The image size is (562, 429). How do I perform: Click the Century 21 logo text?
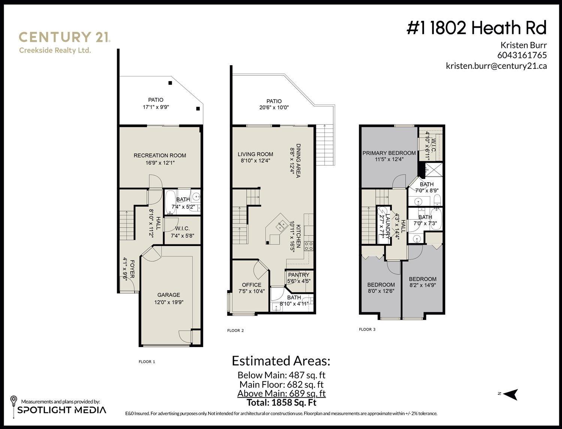64,37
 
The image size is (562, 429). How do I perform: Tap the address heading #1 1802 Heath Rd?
477,28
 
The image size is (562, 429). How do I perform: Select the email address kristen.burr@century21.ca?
496,66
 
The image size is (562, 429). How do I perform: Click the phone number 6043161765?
522,55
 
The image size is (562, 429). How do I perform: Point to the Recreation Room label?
160,155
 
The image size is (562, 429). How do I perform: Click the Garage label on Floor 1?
169,295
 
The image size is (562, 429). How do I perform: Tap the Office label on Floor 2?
251,285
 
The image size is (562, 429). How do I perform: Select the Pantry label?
299,275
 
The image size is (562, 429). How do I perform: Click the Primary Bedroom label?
389,153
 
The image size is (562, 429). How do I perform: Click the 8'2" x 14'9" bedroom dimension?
422,285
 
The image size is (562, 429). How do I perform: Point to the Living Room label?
255,154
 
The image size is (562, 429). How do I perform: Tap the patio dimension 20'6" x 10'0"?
274,107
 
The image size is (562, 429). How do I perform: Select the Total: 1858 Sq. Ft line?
281,403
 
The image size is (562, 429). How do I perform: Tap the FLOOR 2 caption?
235,331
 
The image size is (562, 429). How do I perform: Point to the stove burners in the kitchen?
309,246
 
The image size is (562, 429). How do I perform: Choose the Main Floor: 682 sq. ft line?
281,384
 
